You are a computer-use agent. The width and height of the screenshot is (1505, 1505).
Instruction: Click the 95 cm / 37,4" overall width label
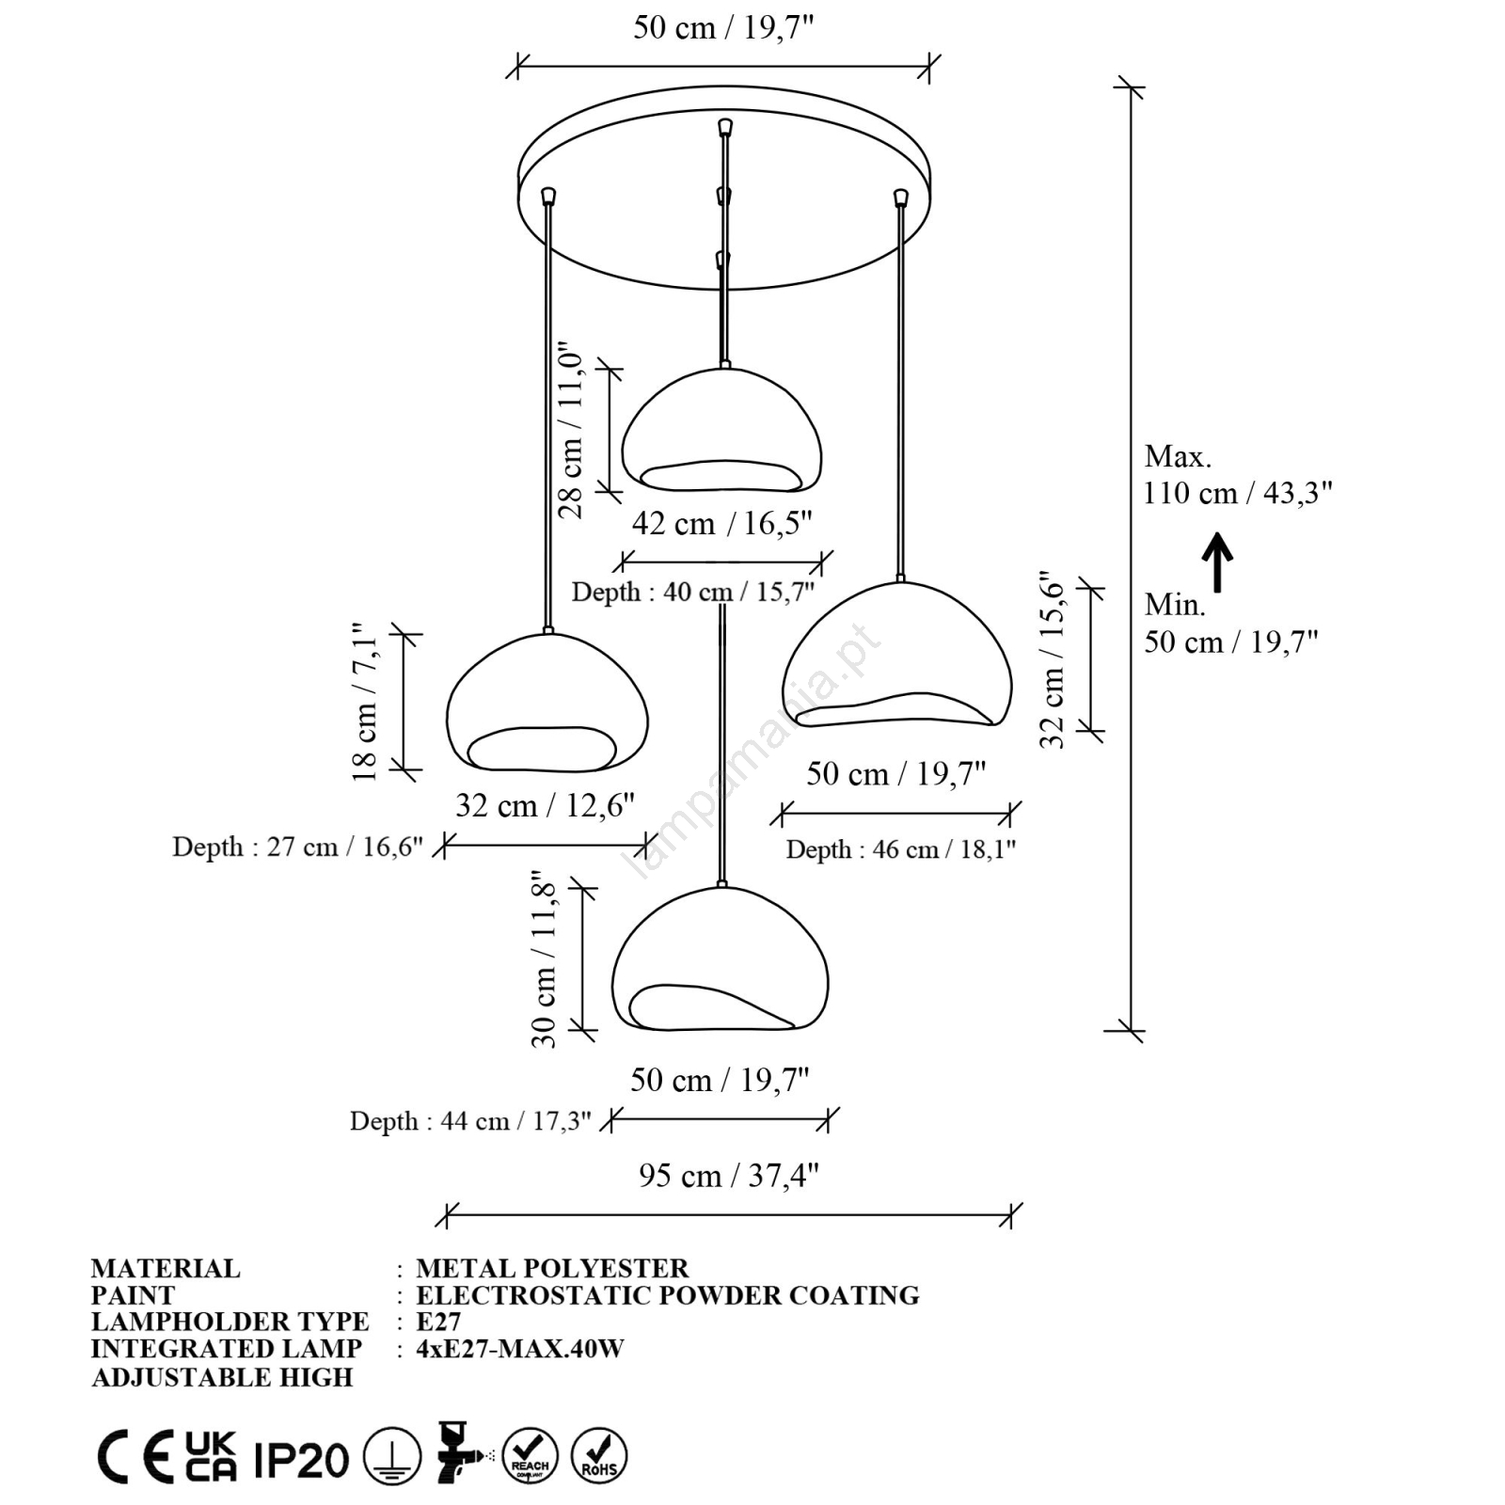coord(728,1176)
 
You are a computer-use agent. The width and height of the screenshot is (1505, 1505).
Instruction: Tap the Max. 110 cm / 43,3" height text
coord(1237,475)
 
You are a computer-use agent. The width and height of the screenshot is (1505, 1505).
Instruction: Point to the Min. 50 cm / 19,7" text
coord(1230,624)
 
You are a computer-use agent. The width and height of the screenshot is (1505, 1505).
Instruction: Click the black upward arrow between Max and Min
coord(1217,562)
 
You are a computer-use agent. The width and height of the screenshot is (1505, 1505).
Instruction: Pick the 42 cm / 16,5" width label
coord(721,523)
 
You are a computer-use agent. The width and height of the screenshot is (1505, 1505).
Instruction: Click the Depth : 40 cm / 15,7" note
coord(692,592)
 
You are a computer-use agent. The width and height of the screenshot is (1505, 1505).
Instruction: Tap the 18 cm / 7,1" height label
coord(364,702)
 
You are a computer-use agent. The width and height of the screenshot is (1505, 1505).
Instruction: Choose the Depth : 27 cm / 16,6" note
coord(297,847)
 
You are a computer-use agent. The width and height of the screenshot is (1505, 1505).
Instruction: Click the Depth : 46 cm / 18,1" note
coord(900,849)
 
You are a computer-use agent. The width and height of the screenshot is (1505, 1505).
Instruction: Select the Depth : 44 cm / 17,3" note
coord(470,1121)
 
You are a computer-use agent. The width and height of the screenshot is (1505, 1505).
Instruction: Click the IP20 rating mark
coord(301,1459)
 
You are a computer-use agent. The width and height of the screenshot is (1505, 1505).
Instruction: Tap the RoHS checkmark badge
coord(599,1456)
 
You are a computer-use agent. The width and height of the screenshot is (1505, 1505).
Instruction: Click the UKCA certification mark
coord(210,1457)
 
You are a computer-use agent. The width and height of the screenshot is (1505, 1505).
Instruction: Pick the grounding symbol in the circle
coord(392,1457)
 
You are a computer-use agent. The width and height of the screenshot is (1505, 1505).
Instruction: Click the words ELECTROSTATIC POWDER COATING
coord(668,1295)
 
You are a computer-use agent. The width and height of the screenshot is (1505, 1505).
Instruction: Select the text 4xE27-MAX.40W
coord(520,1349)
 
